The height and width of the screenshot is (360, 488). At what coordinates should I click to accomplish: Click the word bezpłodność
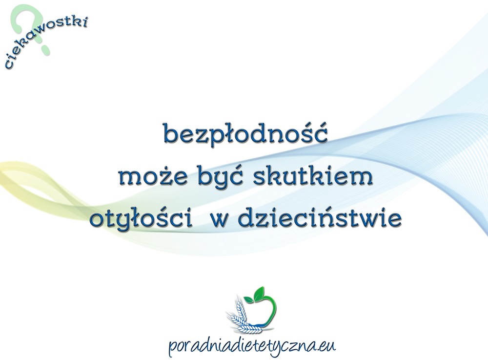pyautogui.click(x=245, y=134)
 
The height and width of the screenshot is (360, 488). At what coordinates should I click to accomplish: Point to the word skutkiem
pyautogui.click(x=313, y=176)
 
